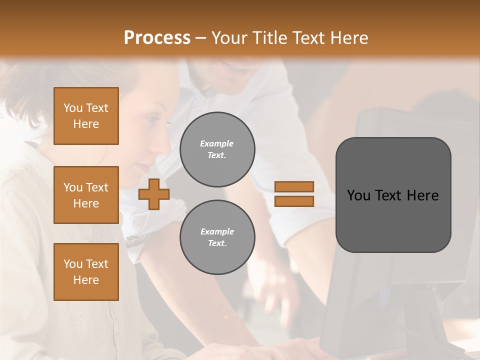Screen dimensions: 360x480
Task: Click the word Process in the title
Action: [157, 37]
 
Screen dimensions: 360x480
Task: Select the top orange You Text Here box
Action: [86, 116]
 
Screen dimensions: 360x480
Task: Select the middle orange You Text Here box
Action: [86, 195]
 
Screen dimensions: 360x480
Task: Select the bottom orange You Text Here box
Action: [86, 272]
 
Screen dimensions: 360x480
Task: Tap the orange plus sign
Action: [154, 194]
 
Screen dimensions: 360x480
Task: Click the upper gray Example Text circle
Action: [217, 149]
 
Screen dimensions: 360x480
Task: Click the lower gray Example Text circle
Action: [217, 237]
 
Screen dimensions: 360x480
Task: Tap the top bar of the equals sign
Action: [294, 187]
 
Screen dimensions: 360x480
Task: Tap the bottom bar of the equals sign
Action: [294, 201]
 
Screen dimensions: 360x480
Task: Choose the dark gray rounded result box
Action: [393, 195]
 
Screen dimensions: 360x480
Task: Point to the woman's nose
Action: [164, 144]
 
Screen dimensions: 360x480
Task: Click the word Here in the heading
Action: [348, 37]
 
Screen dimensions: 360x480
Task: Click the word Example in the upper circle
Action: [217, 143]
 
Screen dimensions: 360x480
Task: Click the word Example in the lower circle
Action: [217, 231]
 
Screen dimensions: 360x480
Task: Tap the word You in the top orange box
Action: [73, 108]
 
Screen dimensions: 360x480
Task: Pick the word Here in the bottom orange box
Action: [86, 280]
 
